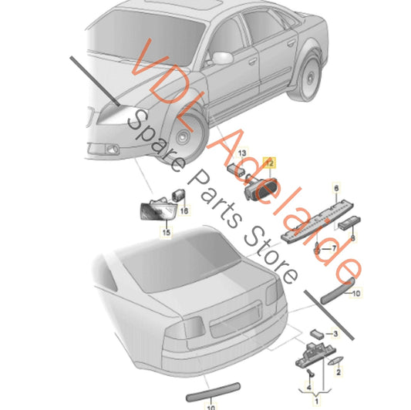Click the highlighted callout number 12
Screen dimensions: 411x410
tap(270, 163)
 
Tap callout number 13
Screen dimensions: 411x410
tap(242, 153)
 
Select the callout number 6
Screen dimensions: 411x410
tap(336, 188)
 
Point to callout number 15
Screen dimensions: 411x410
tap(167, 232)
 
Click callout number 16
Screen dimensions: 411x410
tap(184, 210)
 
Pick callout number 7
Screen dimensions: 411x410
tap(334, 248)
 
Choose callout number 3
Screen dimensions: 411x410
tap(335, 334)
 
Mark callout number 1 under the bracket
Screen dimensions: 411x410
tap(316, 401)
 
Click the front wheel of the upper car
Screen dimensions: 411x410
tap(186, 136)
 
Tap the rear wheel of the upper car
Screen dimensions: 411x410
tap(307, 76)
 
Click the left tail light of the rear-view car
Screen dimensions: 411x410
tap(185, 328)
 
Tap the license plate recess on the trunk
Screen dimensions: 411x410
tap(236, 319)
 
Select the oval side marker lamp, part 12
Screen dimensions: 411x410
tap(261, 188)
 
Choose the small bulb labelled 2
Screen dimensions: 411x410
tap(335, 361)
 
